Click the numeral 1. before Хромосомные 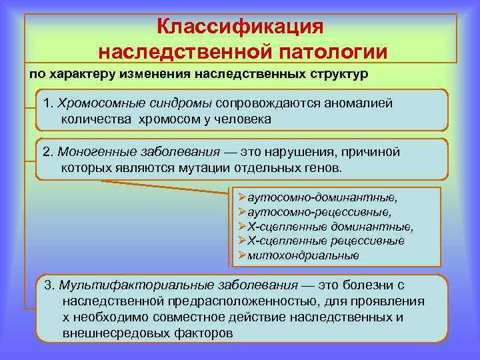click(49, 103)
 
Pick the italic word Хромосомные click(99, 103)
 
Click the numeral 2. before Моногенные click(49, 151)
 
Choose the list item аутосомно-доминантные click(322, 198)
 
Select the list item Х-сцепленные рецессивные click(325, 241)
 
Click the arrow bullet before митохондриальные click(243, 255)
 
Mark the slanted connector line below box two click(167, 186)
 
